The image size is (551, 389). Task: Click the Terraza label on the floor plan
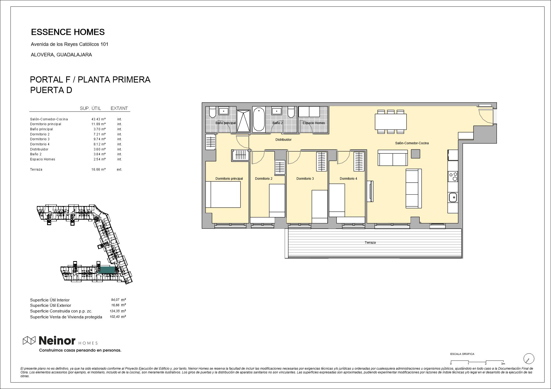point(370,243)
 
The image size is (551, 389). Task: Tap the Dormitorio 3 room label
point(305,179)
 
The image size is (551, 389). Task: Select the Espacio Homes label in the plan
point(314,123)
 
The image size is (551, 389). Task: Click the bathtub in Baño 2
point(259,119)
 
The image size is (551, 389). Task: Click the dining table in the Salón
point(391,122)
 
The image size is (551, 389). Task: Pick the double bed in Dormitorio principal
point(223,194)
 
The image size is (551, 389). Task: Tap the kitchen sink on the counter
point(453,197)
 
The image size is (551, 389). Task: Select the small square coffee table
point(415,154)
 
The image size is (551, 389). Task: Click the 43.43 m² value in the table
point(98,119)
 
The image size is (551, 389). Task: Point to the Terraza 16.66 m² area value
point(98,170)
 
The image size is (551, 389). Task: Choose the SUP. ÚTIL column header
point(90,108)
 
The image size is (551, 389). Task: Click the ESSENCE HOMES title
point(68,32)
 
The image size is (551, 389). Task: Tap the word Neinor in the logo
point(57,341)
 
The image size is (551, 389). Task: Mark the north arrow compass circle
point(529,359)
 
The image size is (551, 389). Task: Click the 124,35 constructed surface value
point(114,311)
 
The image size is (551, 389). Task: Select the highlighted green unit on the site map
point(107,270)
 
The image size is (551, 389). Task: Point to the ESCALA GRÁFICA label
point(462,354)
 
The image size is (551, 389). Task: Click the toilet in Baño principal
point(212,112)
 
